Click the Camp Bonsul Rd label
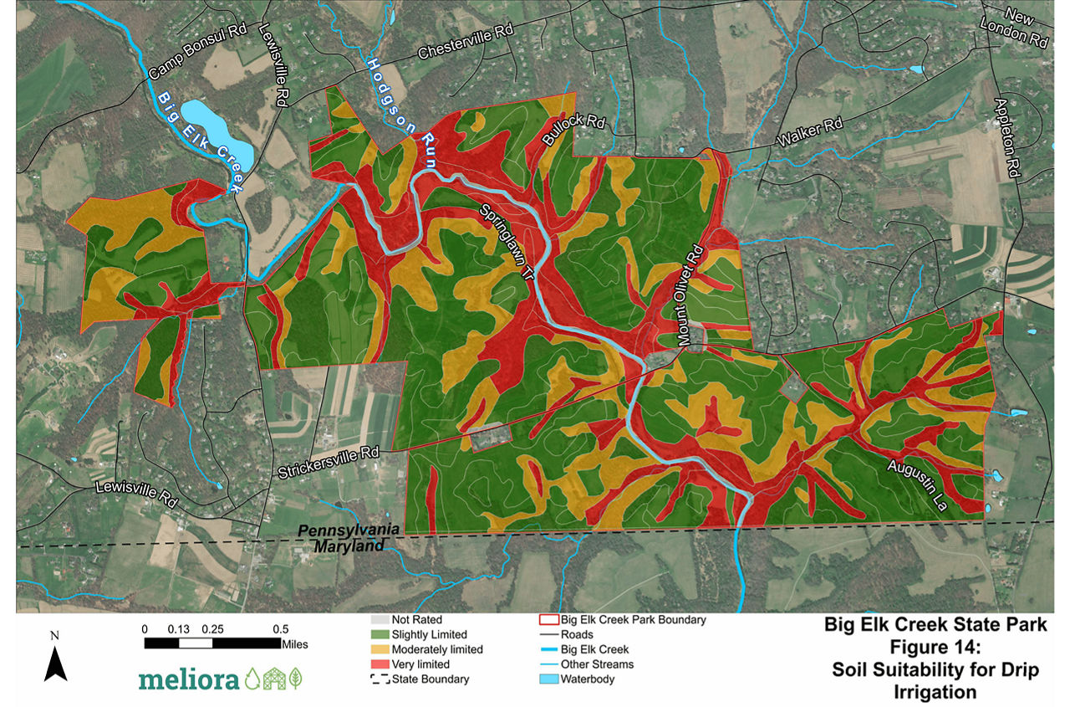pyautogui.click(x=197, y=59)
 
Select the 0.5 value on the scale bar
pyautogui.click(x=280, y=629)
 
